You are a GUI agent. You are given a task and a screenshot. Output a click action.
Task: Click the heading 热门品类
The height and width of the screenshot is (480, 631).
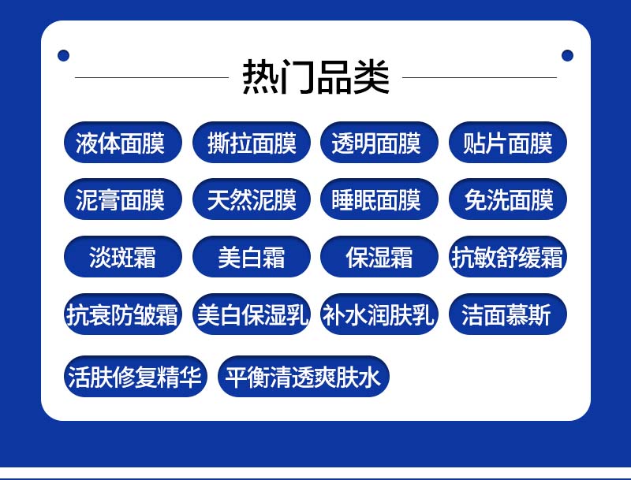coord(316,76)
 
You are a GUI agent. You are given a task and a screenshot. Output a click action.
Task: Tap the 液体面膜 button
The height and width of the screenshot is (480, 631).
coord(123,143)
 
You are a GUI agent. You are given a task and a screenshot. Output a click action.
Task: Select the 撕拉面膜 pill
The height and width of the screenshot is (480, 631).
coord(252,143)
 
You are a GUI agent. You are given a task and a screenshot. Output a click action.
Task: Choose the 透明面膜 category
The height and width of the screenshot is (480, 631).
coord(379,143)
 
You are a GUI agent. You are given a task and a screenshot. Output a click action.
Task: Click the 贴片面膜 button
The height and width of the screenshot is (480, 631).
coord(508,143)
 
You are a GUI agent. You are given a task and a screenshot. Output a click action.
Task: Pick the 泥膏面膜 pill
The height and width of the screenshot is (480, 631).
coord(123,199)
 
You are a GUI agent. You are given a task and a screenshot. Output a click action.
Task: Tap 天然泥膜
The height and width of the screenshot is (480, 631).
coord(252,199)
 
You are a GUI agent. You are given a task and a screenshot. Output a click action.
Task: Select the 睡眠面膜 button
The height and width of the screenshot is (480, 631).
coord(379,199)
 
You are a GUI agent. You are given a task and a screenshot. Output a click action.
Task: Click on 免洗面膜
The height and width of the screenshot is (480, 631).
coord(508,199)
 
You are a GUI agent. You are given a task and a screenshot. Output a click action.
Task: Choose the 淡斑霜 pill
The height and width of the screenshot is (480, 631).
coord(123,256)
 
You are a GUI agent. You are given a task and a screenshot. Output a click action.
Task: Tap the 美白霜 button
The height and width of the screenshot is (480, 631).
coord(252,256)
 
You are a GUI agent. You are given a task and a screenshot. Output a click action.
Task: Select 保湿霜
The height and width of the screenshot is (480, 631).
coord(379,256)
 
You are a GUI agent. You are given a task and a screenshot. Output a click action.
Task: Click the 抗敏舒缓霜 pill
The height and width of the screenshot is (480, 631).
coord(508,256)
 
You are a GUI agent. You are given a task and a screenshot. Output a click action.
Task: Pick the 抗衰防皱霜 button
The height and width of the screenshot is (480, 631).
coord(123,314)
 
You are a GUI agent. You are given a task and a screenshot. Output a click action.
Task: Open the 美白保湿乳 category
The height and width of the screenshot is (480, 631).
coord(252,314)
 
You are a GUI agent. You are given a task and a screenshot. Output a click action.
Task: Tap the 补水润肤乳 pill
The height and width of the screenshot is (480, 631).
coord(379,314)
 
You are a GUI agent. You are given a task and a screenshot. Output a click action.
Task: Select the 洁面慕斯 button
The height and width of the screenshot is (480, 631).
coord(508,314)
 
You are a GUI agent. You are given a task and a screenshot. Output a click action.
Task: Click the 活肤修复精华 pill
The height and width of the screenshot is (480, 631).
coord(135,376)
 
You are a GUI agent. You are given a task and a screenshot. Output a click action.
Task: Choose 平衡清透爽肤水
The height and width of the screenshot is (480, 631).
coord(304,376)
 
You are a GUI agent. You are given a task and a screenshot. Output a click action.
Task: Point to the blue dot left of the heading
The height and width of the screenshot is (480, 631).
coord(64,55)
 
